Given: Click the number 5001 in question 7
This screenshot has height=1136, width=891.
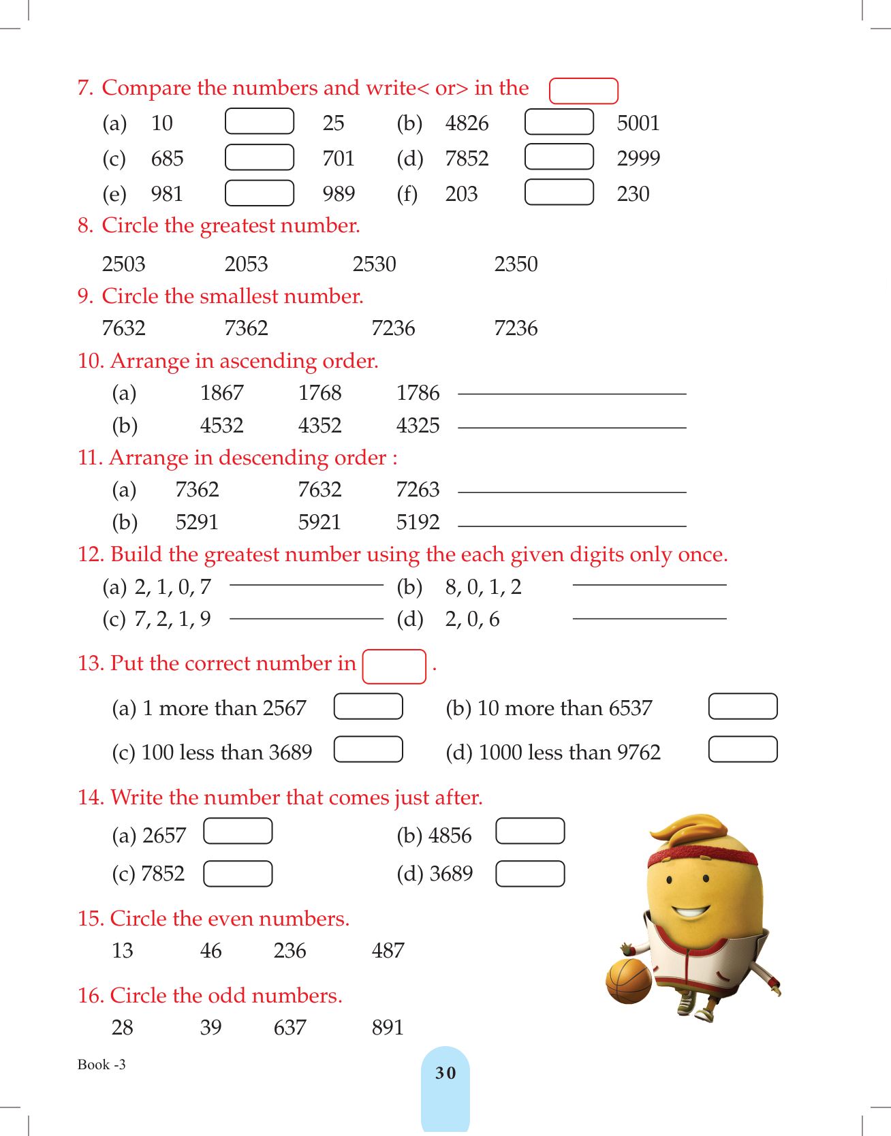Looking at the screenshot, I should (x=638, y=123).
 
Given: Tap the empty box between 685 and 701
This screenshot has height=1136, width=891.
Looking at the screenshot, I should (x=259, y=157).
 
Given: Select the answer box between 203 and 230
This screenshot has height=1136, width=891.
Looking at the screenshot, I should (x=559, y=192).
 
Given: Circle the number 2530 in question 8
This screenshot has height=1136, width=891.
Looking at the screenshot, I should (x=374, y=264).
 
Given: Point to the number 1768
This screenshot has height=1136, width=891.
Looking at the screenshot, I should (x=319, y=393).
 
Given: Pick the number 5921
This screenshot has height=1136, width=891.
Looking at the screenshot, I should (x=319, y=522).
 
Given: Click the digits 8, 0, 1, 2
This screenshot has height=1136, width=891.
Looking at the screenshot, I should (x=483, y=587).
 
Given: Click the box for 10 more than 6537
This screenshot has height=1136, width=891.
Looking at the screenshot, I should (x=742, y=706).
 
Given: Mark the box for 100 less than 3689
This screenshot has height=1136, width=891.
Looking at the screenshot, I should (x=368, y=749).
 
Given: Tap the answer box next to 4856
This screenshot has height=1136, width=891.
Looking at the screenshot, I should (x=530, y=831).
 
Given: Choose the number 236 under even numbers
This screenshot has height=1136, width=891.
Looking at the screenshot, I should (x=290, y=951).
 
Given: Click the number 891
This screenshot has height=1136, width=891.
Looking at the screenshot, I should (x=388, y=1028).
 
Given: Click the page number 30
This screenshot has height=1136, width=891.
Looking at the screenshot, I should (x=445, y=1073).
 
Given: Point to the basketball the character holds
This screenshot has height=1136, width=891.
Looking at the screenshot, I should (x=629, y=981).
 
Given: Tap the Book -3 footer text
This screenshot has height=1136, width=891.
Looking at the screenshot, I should (x=101, y=1064).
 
